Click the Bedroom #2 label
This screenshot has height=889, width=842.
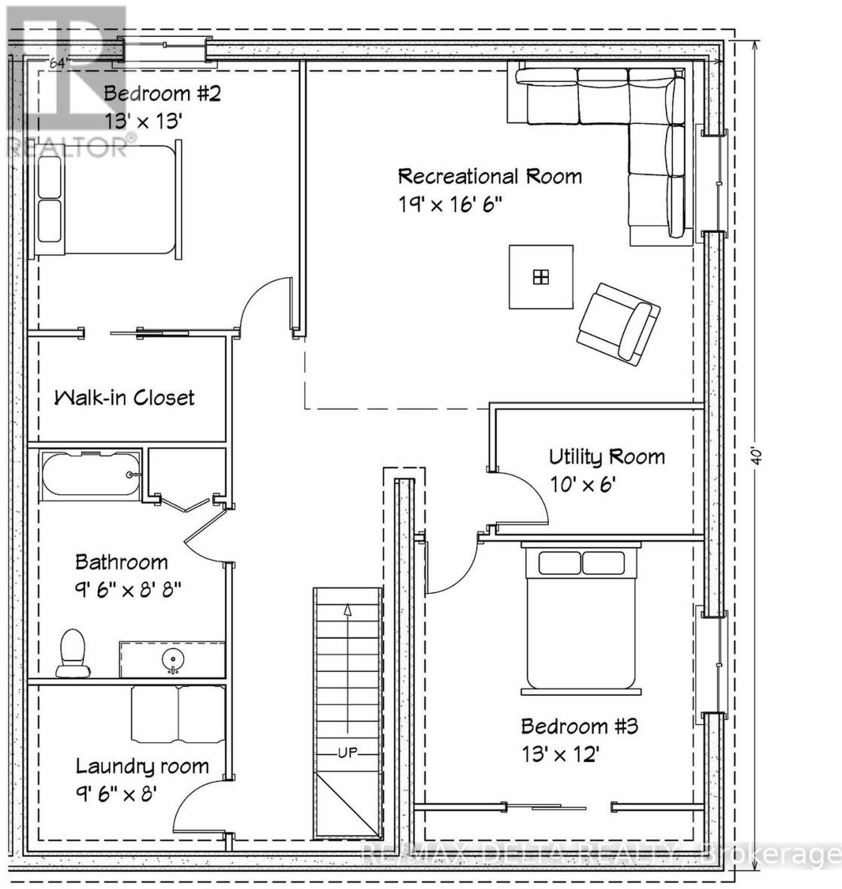point(162,94)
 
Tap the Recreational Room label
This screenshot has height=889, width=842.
point(490,176)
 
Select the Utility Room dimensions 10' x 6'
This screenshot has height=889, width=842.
point(583,484)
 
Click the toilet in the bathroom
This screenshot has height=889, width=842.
point(73,653)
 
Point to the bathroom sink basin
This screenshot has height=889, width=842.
point(172,658)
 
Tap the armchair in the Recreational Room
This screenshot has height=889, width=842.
point(618,324)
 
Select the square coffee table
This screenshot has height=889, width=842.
point(541,277)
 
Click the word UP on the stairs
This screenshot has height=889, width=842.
point(347,753)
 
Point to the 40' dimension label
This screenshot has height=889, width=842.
point(756,456)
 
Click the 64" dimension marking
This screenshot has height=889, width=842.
point(59,63)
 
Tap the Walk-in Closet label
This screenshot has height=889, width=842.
point(125,398)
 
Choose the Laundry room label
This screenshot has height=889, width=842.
point(142,766)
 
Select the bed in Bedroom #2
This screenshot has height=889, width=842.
point(108,199)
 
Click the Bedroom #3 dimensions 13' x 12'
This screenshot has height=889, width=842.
point(561,755)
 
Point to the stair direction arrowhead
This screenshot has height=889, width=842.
point(347,610)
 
